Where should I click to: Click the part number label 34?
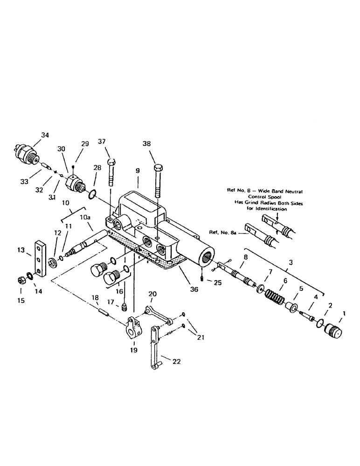click(x=44, y=135)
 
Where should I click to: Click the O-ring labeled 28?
click(x=93, y=193)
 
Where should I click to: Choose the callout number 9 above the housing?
click(x=138, y=171)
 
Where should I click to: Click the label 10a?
click(x=86, y=218)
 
